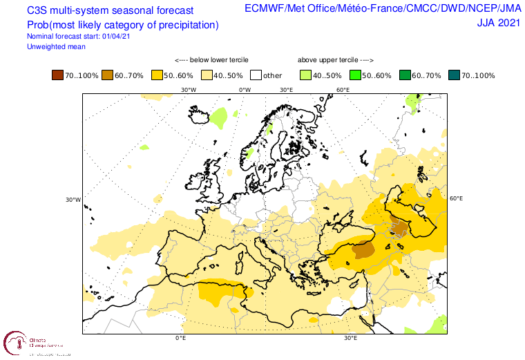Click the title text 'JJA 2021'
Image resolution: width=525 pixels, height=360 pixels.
(499, 22)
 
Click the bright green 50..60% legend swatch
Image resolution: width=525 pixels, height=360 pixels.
(356, 75)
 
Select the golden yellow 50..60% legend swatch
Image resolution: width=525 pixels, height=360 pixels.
(157, 75)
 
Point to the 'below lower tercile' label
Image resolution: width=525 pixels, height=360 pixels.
(211, 60)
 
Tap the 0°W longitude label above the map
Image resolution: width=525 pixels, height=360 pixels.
(245, 90)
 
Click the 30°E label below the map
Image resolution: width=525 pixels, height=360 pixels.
(350, 339)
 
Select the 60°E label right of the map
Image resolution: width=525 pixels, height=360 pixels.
(456, 199)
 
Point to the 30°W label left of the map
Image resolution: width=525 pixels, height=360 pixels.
(73, 200)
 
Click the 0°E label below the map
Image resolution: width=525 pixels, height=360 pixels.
(181, 339)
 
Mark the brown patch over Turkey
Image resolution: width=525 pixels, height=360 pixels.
(362, 249)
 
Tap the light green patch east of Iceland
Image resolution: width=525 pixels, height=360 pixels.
(219, 116)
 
